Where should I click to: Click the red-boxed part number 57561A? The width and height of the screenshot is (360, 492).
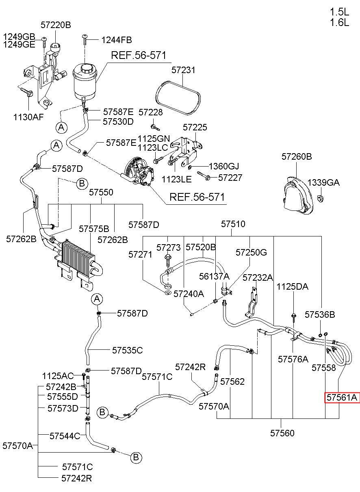(342, 397)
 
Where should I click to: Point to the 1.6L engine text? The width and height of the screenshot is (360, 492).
(339, 22)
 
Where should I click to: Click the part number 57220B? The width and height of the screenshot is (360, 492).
(56, 25)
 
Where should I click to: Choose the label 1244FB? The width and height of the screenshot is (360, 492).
(117, 40)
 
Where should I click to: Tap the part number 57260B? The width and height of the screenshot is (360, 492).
(297, 156)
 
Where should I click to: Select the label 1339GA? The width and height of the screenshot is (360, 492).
(323, 182)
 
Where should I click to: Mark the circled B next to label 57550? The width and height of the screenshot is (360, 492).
(82, 183)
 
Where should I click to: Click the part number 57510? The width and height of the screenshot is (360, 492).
(233, 224)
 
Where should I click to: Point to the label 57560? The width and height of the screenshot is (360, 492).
(282, 433)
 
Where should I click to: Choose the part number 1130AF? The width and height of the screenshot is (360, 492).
(28, 117)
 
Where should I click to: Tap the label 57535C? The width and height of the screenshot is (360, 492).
(128, 350)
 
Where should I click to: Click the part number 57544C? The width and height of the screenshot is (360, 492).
(65, 436)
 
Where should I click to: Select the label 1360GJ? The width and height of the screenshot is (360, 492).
(223, 166)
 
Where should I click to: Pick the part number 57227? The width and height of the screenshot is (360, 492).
(230, 178)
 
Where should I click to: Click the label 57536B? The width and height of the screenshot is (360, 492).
(320, 314)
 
